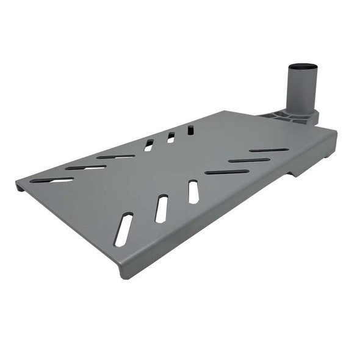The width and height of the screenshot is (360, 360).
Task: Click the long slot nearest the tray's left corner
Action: pyautogui.click(x=52, y=180)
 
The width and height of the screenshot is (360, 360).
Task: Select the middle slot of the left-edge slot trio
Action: pyautogui.click(x=85, y=167)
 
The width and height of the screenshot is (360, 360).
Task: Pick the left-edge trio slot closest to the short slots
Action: pyautogui.click(x=115, y=157)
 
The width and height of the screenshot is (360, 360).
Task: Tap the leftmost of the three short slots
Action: pyautogui.click(x=149, y=145)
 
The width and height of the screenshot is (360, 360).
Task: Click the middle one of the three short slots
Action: pyautogui.click(x=170, y=138)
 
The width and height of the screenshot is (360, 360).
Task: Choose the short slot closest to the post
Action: pyautogui.click(x=191, y=130)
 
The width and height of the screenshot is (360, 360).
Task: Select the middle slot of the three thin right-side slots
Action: pyautogui.click(x=249, y=160)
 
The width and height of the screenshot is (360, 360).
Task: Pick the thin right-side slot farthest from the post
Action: pyautogui.click(x=227, y=172)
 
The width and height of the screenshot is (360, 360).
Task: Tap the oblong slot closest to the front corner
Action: pyautogui.click(x=123, y=229)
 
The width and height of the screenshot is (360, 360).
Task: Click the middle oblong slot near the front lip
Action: pyautogui.click(x=161, y=209)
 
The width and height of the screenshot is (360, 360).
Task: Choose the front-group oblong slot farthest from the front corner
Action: pyautogui.click(x=193, y=192)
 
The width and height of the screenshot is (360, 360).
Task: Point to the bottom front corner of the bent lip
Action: pyautogui.click(x=123, y=275)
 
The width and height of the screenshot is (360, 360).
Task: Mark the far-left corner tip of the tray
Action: pyautogui.click(x=17, y=182)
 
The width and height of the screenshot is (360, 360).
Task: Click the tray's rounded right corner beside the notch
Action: pyautogui.click(x=335, y=133)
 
